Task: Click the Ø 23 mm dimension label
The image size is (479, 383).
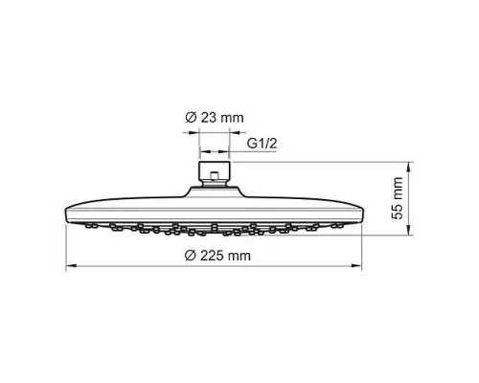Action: click(215, 118)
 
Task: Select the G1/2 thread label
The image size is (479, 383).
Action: click(262, 144)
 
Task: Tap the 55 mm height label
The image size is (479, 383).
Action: click(398, 198)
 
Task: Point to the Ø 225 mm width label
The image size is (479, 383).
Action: click(217, 256)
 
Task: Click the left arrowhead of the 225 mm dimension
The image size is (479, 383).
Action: click(71, 265)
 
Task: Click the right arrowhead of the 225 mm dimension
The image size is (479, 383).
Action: click(356, 265)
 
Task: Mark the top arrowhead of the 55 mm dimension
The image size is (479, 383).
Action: click(409, 167)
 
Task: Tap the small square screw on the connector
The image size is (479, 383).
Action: click(215, 175)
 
